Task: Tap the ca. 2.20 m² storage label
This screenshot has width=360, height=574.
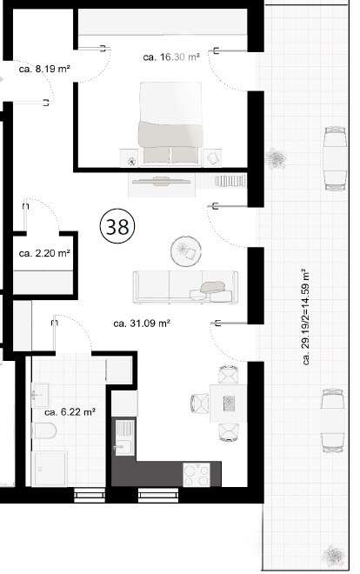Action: pyautogui.click(x=43, y=254)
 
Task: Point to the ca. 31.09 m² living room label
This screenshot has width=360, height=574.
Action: pyautogui.click(x=141, y=323)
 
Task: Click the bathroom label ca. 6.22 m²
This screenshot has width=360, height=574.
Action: pyautogui.click(x=69, y=411)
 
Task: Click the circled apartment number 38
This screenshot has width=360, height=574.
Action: pyautogui.click(x=117, y=227)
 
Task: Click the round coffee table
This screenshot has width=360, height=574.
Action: pyautogui.click(x=184, y=251)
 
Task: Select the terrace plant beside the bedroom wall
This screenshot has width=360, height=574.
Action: pyautogui.click(x=277, y=159)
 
